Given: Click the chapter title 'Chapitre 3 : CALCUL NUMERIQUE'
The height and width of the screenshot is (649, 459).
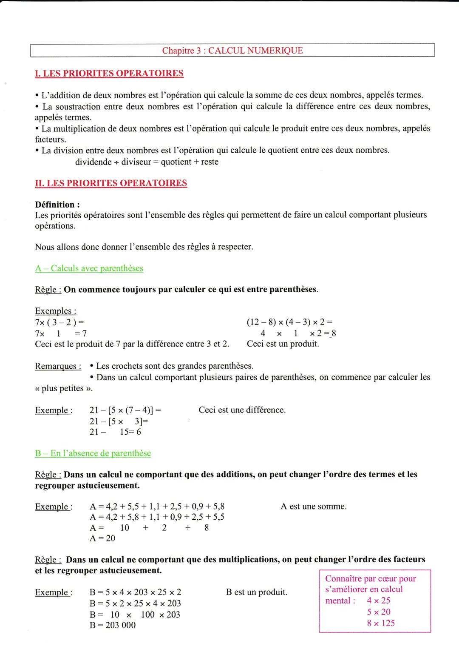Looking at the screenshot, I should click(232, 51).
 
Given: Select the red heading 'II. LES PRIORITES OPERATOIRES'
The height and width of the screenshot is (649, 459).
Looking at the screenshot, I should click(111, 183).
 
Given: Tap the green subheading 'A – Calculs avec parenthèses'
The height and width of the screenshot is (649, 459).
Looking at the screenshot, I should click(89, 268).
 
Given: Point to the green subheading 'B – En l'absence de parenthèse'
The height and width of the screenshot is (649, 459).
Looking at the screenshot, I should click(93, 453).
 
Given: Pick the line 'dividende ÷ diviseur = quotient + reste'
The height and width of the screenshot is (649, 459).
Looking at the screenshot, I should click(147, 162).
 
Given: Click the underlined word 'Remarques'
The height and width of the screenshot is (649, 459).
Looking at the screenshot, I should click(58, 367).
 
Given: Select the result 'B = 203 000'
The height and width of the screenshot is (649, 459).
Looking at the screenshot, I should click(113, 625).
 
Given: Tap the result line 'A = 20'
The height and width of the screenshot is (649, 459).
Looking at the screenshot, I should click(102, 538).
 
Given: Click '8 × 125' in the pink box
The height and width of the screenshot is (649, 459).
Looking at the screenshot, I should click(381, 623).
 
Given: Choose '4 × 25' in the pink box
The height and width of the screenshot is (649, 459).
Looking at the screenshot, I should click(379, 601).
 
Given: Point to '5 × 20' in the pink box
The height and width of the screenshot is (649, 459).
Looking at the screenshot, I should click(379, 612).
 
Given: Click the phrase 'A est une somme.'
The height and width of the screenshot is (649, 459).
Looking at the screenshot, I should click(313, 507).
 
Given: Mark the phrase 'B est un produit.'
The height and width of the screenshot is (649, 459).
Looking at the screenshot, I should click(256, 592).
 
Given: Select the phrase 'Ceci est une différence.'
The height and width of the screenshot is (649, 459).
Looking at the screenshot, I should click(242, 410).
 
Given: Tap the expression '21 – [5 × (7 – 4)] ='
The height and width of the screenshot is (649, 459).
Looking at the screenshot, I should click(125, 410).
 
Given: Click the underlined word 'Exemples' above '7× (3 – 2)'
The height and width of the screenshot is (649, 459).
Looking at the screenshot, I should click(55, 311).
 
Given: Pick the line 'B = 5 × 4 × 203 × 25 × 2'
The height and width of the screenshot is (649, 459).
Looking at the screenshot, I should click(135, 592).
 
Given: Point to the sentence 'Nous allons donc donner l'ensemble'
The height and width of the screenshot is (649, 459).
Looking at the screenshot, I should click(144, 247).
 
